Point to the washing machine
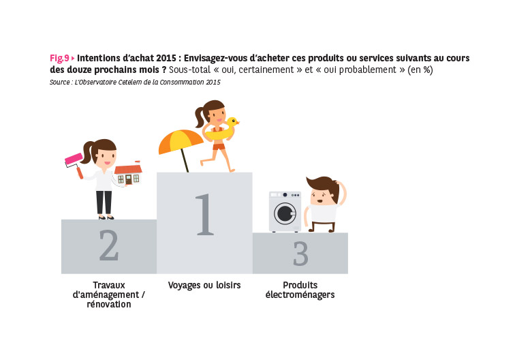click(x=285, y=211)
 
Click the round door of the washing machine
click(x=285, y=213)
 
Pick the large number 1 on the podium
click(x=204, y=214)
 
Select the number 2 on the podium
click(x=109, y=245)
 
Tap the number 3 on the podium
click(x=300, y=254)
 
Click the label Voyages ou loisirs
click(x=204, y=285)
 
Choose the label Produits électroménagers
click(x=300, y=290)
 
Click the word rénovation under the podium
click(x=109, y=305)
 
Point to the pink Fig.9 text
click(x=59, y=58)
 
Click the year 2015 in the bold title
click(x=166, y=58)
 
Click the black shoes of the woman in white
click(x=106, y=217)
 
